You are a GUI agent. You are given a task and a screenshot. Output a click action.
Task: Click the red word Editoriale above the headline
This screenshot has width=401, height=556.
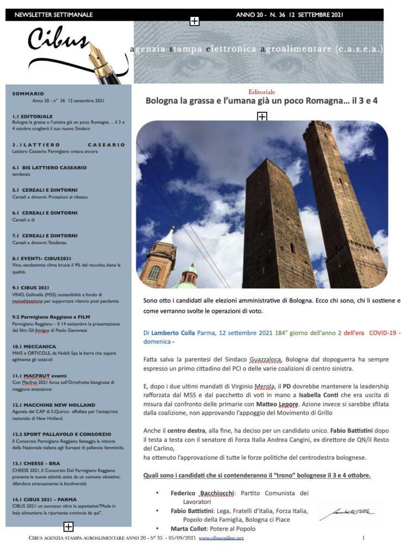(261, 92)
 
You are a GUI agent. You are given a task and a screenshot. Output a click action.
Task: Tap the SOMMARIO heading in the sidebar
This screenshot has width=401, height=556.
(28, 94)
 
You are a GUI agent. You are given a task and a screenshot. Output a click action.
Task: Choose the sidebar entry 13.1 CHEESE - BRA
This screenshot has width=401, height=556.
(36, 463)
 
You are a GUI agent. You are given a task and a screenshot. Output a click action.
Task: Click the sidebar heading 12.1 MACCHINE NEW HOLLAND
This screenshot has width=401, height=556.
(53, 405)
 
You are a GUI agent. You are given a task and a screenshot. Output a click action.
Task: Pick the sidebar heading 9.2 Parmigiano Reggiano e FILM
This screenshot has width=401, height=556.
(51, 317)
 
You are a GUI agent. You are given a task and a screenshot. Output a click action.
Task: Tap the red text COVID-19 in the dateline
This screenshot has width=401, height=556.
(384, 332)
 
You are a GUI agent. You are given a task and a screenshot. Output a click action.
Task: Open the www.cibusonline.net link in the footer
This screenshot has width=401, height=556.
(221, 538)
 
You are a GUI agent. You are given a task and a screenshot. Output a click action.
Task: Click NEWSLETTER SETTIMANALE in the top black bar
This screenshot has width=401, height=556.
(54, 15)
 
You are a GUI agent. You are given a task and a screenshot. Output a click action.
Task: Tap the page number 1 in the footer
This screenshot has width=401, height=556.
(363, 538)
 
